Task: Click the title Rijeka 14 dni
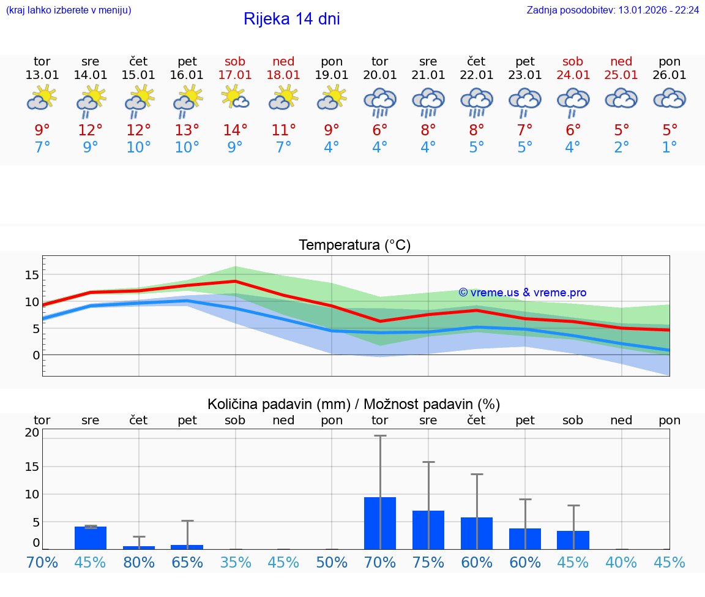[x=291, y=19]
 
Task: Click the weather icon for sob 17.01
[x=235, y=97]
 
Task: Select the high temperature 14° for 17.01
[x=235, y=130]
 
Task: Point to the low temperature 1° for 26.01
[x=670, y=148]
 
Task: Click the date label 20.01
[x=380, y=75]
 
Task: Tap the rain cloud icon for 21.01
[x=428, y=101]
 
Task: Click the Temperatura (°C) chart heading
[x=354, y=246]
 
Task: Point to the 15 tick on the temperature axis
[x=32, y=275]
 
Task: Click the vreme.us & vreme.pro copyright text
[x=523, y=293]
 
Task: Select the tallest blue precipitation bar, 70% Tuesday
[x=380, y=523]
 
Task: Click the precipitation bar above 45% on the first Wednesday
[x=91, y=538]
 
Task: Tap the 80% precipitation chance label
[x=139, y=562]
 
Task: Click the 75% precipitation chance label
[x=428, y=562]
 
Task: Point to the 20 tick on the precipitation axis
[x=32, y=432]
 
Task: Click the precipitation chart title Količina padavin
[x=354, y=404]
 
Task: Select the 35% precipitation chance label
[x=236, y=562]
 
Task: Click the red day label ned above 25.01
[x=621, y=62]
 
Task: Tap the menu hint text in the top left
[x=69, y=10]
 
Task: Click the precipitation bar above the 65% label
[x=187, y=547]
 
